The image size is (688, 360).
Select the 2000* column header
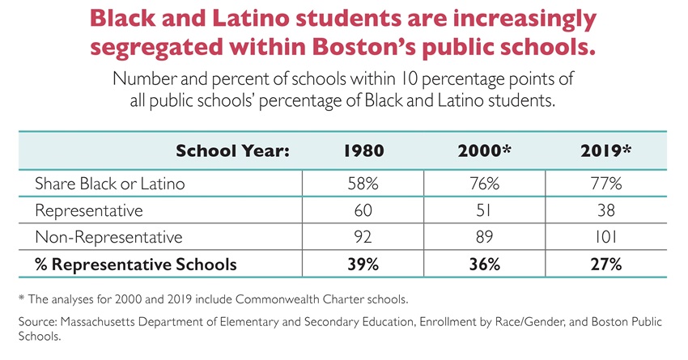point(479,150)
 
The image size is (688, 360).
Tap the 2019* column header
point(605,150)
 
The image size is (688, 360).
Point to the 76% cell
point(479,184)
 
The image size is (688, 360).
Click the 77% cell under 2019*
point(605,184)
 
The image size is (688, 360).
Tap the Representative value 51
point(479,210)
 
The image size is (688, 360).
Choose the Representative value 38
point(605,210)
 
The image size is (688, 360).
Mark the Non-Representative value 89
point(479,237)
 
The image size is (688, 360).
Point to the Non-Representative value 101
point(605,237)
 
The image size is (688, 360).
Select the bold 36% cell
point(479,264)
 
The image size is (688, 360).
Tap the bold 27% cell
point(605,264)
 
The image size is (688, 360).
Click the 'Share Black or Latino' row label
point(109,184)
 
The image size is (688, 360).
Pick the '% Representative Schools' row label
point(135,264)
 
